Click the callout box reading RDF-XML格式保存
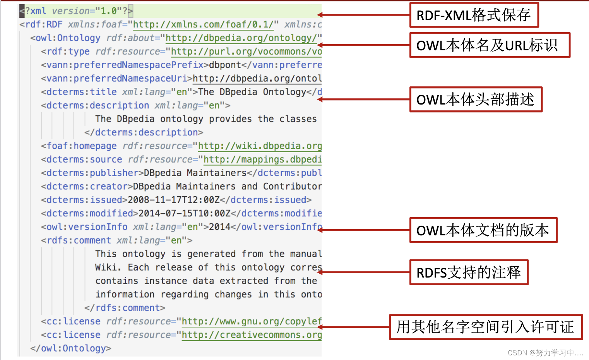click(474, 15)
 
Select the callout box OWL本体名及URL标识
click(490, 45)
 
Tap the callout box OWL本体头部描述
click(476, 99)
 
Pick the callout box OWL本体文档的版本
click(483, 230)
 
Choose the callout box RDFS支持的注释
click(469, 273)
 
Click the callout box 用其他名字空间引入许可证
click(486, 327)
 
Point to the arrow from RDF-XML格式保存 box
click(364, 15)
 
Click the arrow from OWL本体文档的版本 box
click(364, 230)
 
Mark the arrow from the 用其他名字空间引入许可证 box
click(354, 327)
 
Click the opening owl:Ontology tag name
click(68, 38)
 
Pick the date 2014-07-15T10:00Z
click(184, 213)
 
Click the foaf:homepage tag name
click(81, 146)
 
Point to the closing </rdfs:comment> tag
click(125, 308)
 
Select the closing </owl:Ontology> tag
click(70, 348)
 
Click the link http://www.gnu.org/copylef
click(252, 321)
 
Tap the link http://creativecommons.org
click(252, 335)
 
